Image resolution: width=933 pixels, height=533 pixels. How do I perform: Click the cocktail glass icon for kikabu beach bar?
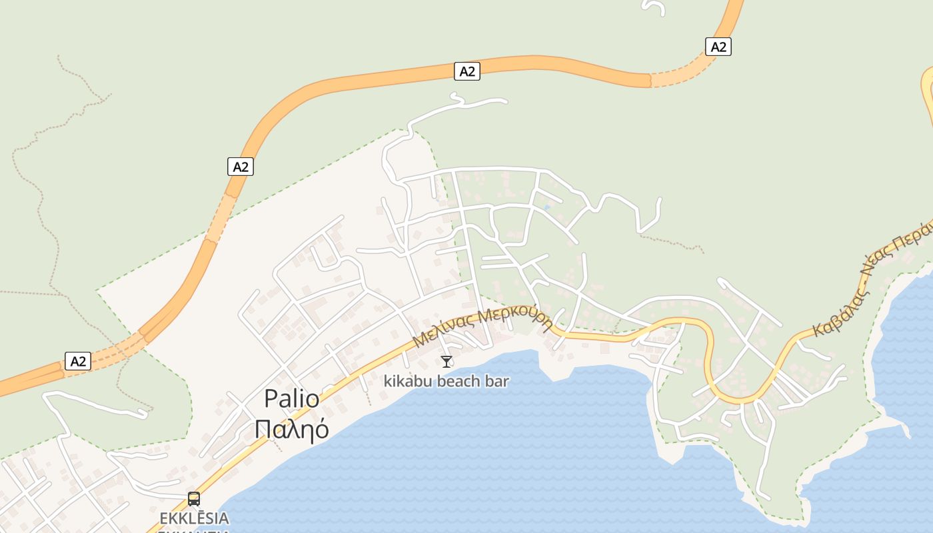[447, 362]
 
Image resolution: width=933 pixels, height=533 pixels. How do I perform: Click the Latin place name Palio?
[292, 398]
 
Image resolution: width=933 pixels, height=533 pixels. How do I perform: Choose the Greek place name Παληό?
[292, 429]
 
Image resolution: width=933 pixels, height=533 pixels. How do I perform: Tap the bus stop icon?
[194, 498]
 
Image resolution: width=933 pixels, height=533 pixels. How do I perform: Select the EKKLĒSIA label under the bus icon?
[194, 518]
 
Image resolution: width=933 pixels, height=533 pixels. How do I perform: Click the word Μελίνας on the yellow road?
[443, 331]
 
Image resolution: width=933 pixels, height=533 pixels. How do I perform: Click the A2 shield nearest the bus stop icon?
[78, 361]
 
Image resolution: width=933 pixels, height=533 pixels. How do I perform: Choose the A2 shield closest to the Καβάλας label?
[718, 47]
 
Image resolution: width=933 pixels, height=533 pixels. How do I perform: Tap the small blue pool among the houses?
[547, 207]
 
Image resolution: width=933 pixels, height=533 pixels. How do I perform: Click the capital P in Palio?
[271, 398]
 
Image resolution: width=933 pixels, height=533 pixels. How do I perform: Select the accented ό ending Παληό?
[321, 429]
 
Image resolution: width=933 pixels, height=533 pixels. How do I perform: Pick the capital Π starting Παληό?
[263, 429]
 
